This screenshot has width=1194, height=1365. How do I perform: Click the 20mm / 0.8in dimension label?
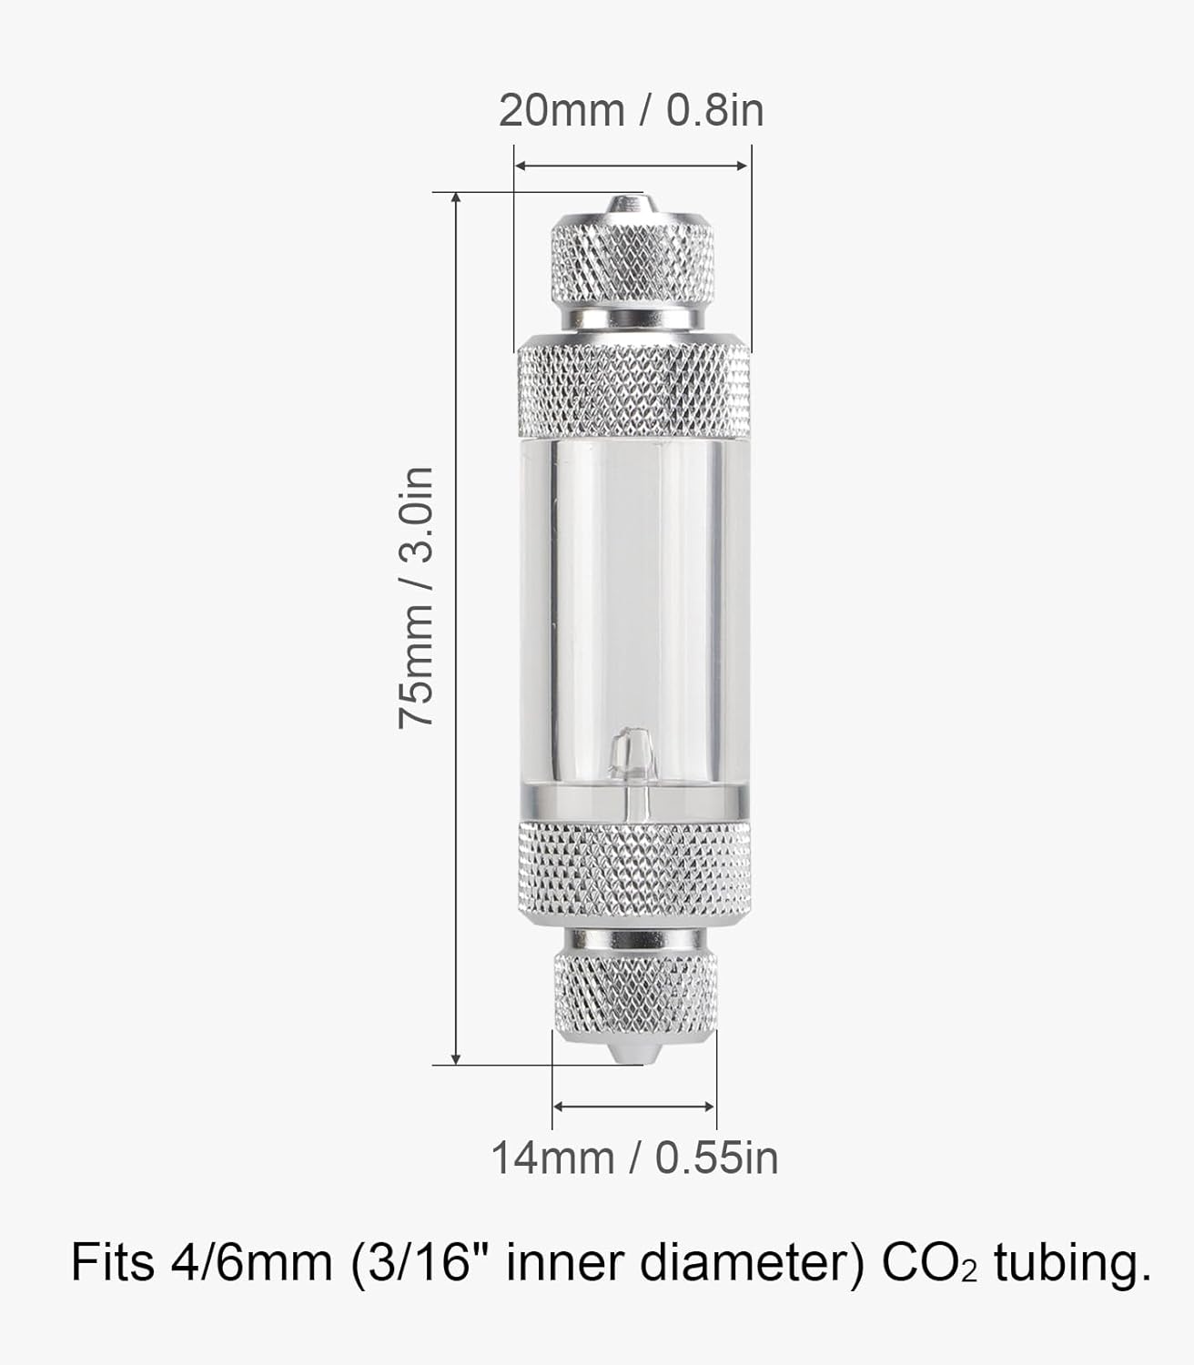631,111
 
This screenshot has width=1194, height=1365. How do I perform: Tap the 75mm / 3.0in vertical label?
416,597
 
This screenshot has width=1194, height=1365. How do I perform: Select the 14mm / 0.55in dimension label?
634,1158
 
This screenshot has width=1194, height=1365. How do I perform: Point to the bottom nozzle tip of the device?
627,1053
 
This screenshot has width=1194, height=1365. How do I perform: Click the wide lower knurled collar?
634,872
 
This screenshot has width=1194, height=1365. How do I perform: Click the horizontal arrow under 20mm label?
632,166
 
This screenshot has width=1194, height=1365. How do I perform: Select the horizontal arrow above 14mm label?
634,1107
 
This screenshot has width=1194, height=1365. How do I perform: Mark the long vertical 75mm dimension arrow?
456,628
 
